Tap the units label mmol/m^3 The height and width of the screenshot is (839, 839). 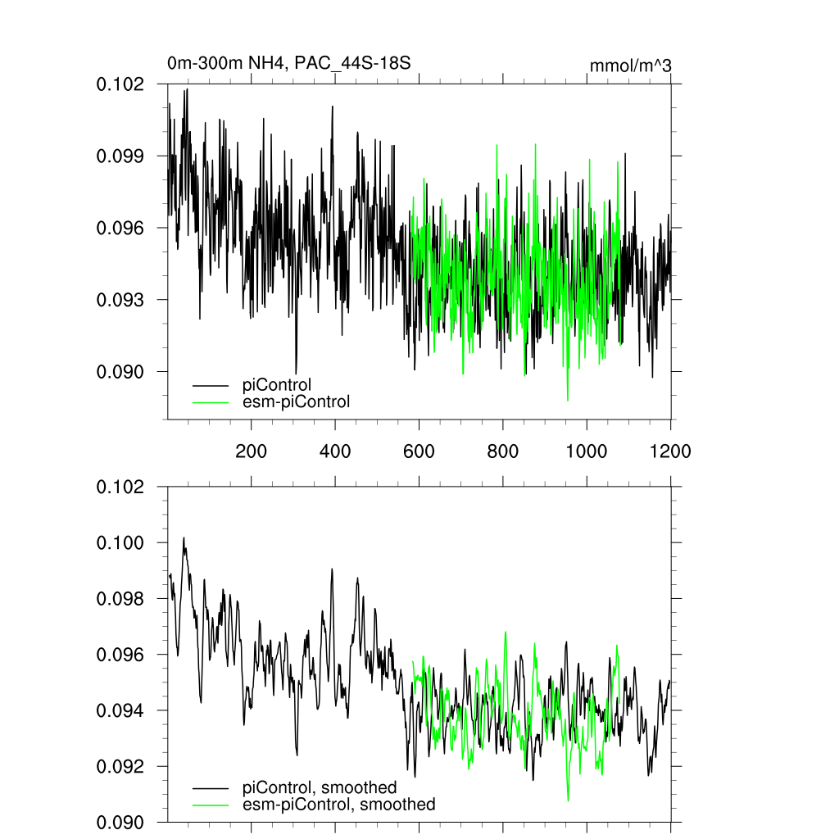click(x=631, y=66)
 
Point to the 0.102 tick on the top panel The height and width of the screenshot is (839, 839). click(x=121, y=84)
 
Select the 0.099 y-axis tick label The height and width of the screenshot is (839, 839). click(x=121, y=156)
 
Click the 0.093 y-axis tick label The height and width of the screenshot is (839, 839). click(x=121, y=300)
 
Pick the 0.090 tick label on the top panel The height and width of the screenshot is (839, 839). click(x=121, y=372)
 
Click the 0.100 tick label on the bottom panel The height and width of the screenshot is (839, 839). click(x=121, y=543)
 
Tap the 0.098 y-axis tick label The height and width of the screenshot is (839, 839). click(x=121, y=599)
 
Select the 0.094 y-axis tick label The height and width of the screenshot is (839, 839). click(x=121, y=710)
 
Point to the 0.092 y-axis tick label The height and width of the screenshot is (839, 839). click(x=121, y=766)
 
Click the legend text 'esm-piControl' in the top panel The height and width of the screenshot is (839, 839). click(x=297, y=401)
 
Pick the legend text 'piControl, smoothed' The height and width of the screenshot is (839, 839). click(x=320, y=788)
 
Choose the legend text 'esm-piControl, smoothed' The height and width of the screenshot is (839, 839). click(x=339, y=805)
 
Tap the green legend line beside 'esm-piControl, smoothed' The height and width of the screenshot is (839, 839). click(x=211, y=805)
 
